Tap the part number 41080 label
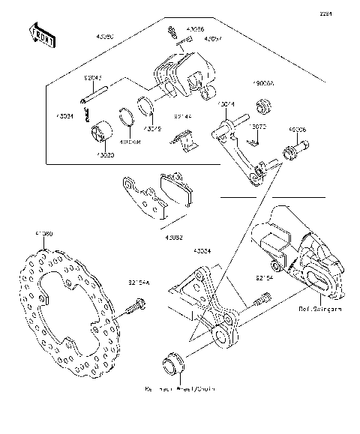click(x=44, y=235)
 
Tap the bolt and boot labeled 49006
click(x=291, y=156)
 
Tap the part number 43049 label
click(x=153, y=128)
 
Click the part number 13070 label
click(x=258, y=127)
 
